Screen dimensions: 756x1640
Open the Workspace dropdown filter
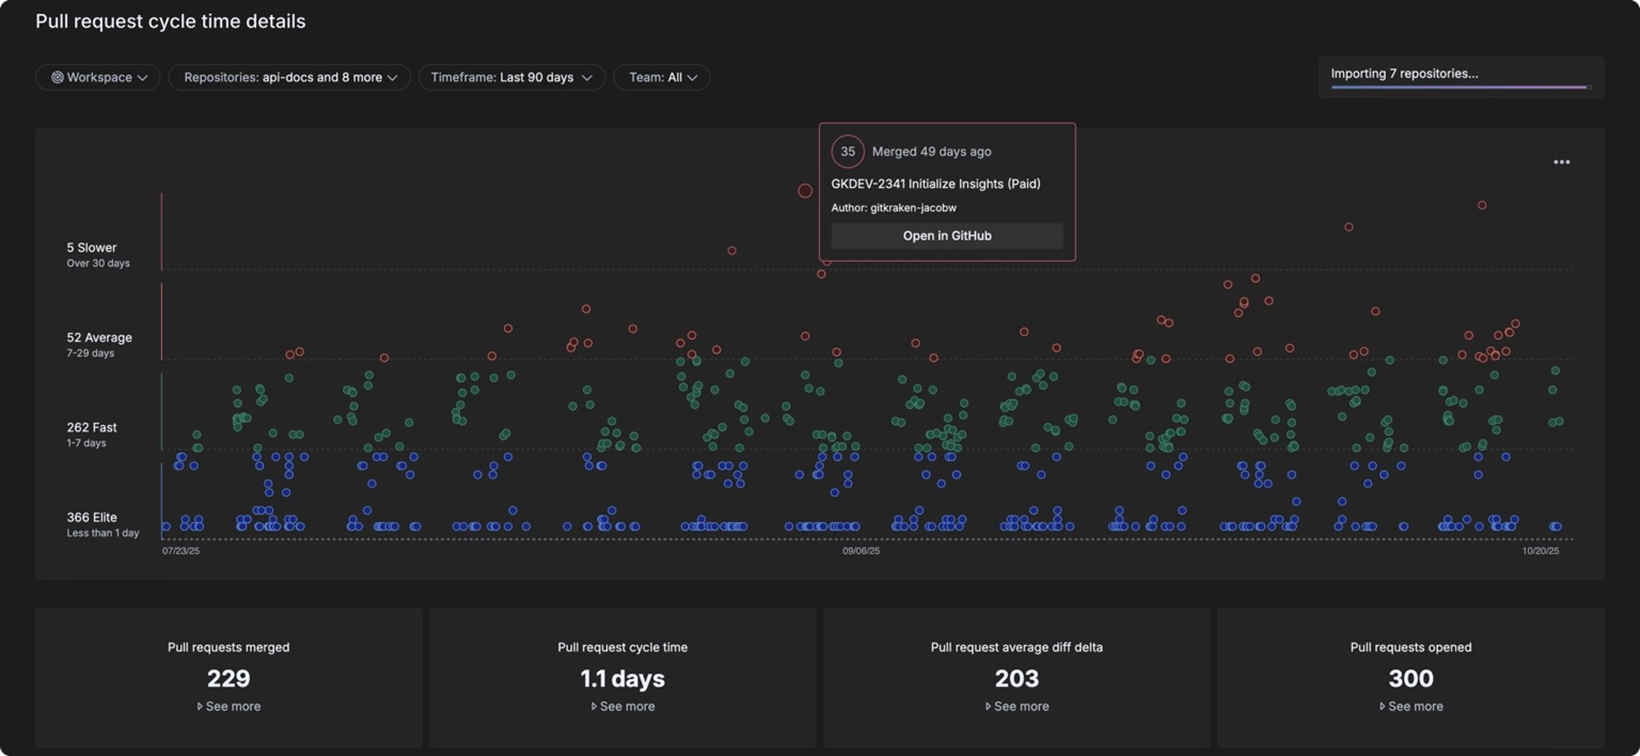pyautogui.click(x=98, y=78)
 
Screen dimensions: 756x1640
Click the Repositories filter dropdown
pyautogui.click(x=289, y=78)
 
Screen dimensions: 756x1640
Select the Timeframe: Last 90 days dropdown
pyautogui.click(x=511, y=78)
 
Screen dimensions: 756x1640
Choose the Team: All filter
pyautogui.click(x=661, y=78)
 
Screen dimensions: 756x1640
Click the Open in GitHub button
pyautogui.click(x=947, y=236)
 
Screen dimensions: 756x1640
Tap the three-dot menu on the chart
pyautogui.click(x=1561, y=162)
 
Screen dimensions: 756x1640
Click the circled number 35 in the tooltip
pyautogui.click(x=848, y=151)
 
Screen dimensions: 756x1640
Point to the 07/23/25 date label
pyautogui.click(x=181, y=551)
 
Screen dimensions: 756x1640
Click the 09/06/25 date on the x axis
pyautogui.click(x=861, y=551)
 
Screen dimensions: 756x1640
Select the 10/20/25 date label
pyautogui.click(x=1540, y=551)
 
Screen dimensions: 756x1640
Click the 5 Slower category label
pyautogui.click(x=92, y=248)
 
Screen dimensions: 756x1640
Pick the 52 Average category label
pyautogui.click(x=99, y=338)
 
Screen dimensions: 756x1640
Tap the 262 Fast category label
pyautogui.click(x=92, y=427)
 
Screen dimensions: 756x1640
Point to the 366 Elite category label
pyautogui.click(x=92, y=517)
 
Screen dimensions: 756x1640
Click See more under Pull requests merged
pyautogui.click(x=229, y=706)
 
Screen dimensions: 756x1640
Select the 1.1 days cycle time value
pyautogui.click(x=622, y=678)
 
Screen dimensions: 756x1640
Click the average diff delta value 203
pyautogui.click(x=1016, y=678)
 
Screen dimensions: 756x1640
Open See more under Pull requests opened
pyautogui.click(x=1411, y=706)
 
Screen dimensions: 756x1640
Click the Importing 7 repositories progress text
pyautogui.click(x=1404, y=74)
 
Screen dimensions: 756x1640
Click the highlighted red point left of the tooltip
pyautogui.click(x=805, y=191)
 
